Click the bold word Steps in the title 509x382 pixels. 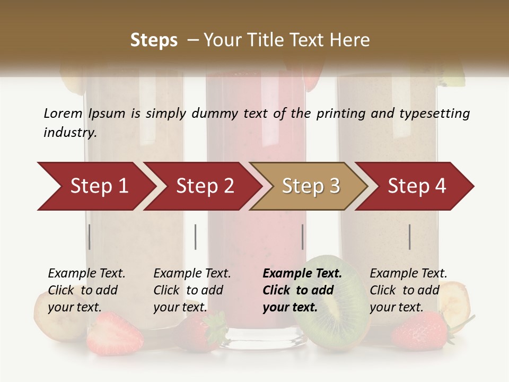[154, 40]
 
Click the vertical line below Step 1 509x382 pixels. [90, 237]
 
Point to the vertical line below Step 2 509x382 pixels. [196, 237]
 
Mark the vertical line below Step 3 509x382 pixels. [303, 237]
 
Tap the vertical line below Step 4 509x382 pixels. [410, 237]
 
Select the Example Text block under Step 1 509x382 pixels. [86, 290]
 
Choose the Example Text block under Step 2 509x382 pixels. [192, 290]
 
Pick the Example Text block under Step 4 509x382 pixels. [408, 290]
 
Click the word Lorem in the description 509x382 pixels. [63, 113]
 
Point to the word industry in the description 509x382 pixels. [69, 132]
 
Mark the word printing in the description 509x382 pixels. [340, 113]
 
